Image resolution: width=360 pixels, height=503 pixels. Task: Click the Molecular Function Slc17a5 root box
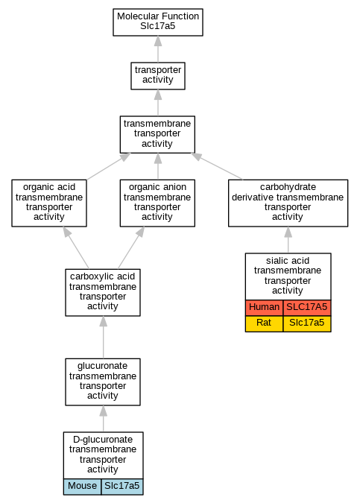click(158, 22)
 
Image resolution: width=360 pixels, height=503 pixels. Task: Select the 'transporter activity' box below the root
click(158, 76)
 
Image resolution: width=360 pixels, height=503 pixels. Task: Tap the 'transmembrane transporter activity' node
click(157, 134)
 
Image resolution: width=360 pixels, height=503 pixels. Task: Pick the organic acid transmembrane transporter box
click(49, 203)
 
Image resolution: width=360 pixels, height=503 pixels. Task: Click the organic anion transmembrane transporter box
click(157, 203)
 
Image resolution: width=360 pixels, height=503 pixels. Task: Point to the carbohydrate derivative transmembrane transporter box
click(288, 203)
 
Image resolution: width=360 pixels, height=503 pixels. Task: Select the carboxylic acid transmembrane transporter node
click(103, 293)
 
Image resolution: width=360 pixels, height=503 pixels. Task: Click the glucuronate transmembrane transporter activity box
click(103, 382)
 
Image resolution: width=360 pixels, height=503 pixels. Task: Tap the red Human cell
click(264, 308)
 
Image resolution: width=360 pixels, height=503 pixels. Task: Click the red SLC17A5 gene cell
click(307, 308)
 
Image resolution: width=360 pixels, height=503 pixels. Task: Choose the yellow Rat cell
click(264, 323)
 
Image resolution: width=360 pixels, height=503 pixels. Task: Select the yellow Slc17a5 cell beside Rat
click(307, 323)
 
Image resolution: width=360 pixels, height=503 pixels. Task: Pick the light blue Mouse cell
click(82, 487)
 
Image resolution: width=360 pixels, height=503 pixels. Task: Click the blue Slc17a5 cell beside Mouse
click(122, 487)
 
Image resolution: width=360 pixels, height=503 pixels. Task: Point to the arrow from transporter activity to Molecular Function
click(158, 49)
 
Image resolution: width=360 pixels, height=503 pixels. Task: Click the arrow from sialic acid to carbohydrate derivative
click(288, 240)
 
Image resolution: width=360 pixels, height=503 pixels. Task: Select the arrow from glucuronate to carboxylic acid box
click(103, 337)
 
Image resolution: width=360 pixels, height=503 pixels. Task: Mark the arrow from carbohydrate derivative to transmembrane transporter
click(217, 166)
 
